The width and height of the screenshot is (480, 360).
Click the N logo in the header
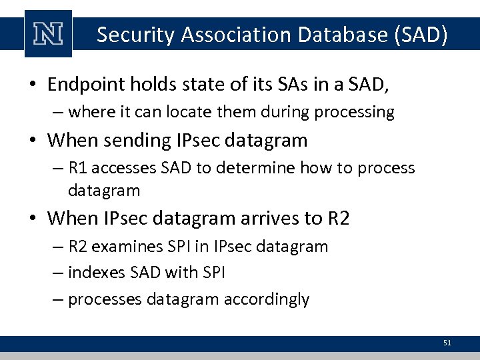coord(47,33)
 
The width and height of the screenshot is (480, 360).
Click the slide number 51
coord(447,343)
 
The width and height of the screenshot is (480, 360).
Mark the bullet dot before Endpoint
coord(33,85)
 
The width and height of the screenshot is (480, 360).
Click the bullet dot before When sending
coord(33,141)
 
